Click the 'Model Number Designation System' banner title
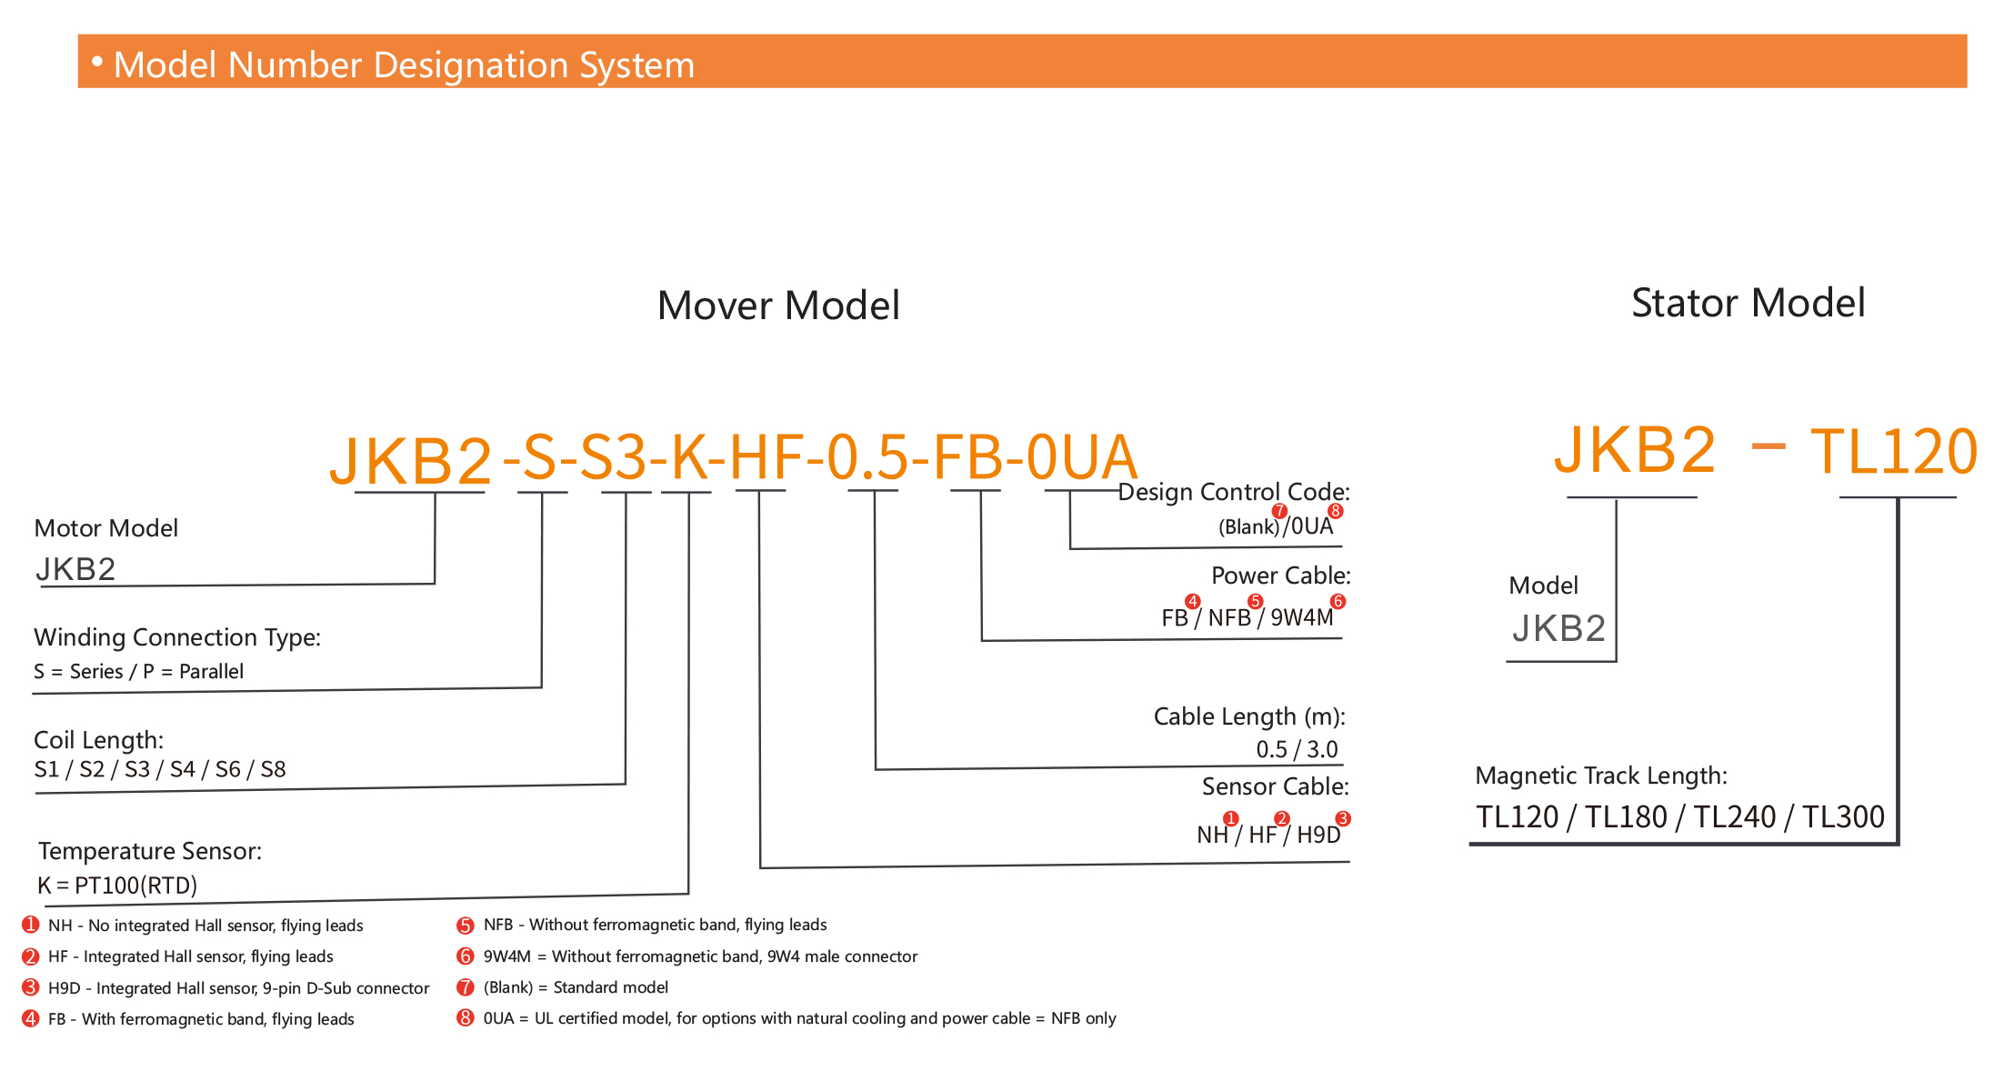coord(404,65)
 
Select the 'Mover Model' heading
coord(778,305)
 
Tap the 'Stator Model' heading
coord(1748,303)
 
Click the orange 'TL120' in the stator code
coord(1893,452)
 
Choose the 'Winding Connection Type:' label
coord(177,637)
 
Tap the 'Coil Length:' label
coord(98,740)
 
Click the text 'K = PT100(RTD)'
coord(117,886)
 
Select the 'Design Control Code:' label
coord(1233,492)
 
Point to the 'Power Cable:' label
coord(1280,576)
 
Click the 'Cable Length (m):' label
coord(1249,716)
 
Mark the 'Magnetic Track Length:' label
coord(1600,776)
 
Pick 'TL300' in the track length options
coord(1843,817)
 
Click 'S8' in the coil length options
coord(273,770)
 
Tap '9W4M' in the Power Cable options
coord(1301,618)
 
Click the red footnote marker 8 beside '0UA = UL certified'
coord(466,1018)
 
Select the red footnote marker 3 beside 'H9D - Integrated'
coord(31,987)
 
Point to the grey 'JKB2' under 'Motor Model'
coord(75,569)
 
